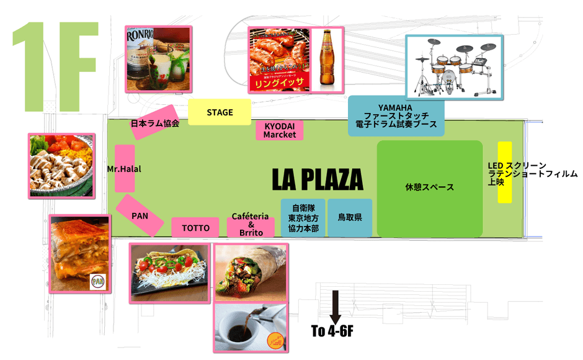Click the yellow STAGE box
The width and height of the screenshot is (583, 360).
(x=220, y=112)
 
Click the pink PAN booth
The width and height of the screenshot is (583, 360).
(x=140, y=215)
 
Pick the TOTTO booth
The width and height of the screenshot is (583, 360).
(x=195, y=228)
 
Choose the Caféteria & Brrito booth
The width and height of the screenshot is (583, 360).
(x=251, y=225)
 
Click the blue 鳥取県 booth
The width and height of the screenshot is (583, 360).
(x=350, y=218)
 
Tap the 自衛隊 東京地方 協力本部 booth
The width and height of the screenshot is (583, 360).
(x=303, y=218)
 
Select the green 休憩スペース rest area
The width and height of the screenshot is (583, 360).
(x=429, y=187)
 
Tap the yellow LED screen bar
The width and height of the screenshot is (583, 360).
(x=505, y=173)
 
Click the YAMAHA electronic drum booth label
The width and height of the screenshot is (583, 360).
(x=396, y=116)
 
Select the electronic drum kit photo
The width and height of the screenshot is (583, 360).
(x=454, y=67)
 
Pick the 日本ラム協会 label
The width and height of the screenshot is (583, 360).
(x=155, y=124)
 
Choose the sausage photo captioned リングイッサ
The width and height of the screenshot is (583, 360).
(x=278, y=60)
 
